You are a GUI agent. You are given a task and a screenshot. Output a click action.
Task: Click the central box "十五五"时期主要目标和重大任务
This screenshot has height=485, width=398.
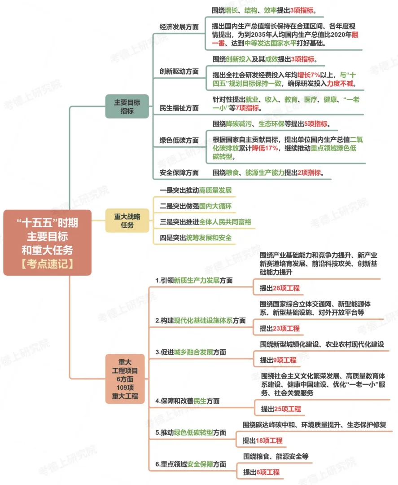[x=47, y=242]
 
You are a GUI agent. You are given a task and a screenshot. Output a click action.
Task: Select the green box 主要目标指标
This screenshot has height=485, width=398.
[x=127, y=106]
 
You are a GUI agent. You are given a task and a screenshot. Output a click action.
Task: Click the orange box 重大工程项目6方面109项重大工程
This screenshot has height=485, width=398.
[x=125, y=379]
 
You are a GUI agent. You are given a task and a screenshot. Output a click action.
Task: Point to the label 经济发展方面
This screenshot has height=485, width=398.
[x=179, y=27]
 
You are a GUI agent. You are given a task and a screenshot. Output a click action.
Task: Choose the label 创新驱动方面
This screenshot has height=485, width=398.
[x=179, y=71]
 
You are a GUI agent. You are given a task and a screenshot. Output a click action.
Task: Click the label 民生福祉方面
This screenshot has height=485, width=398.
[x=179, y=108]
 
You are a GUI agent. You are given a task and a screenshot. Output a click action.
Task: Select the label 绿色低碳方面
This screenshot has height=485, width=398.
[x=179, y=140]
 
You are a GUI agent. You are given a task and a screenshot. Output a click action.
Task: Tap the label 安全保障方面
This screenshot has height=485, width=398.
[x=179, y=172]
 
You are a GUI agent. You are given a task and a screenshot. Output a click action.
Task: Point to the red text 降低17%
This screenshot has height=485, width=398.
[x=265, y=148]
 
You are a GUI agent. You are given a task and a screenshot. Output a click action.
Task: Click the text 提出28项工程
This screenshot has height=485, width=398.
[x=280, y=288]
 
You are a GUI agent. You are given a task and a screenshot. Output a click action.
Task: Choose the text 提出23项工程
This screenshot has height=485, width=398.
[x=280, y=329]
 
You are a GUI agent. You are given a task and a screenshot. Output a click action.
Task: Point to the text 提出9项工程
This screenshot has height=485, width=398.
[x=278, y=360]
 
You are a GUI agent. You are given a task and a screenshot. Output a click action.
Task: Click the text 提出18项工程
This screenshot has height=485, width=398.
[x=262, y=441]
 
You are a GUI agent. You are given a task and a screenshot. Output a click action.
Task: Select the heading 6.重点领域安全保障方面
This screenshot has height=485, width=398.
[x=191, y=464]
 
